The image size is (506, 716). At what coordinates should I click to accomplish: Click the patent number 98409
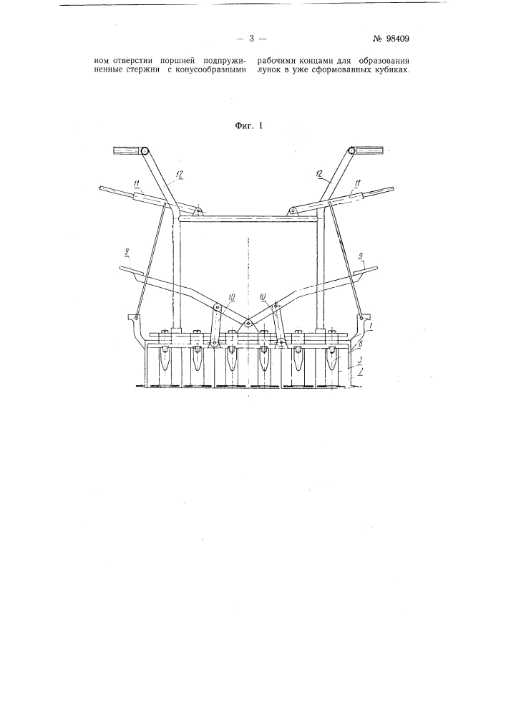391,39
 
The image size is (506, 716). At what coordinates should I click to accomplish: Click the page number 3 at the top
251,39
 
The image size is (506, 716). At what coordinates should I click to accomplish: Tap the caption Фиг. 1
248,126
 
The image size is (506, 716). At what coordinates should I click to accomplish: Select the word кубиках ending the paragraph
391,71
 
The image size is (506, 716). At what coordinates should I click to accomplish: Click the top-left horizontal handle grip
126,150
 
